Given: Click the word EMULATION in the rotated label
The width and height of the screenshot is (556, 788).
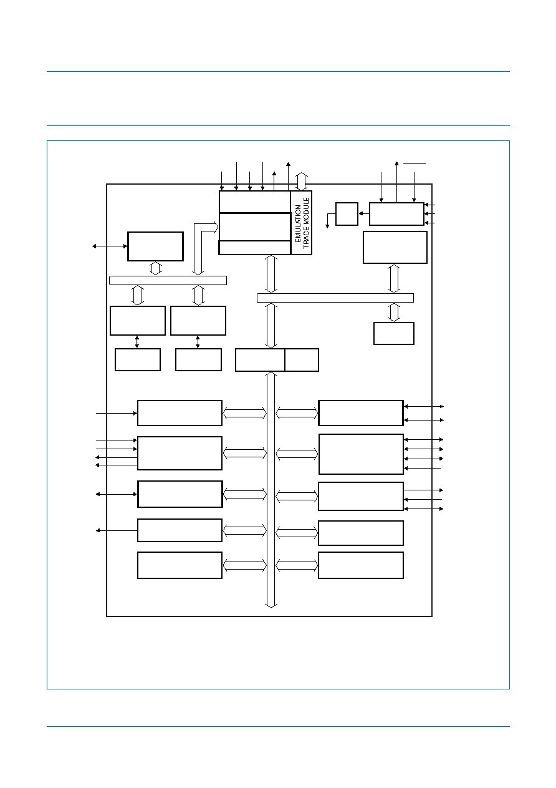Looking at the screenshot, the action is point(298,223).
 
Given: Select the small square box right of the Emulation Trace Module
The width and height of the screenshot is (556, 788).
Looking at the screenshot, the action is point(347,214).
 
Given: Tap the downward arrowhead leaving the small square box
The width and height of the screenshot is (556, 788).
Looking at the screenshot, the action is point(327,226).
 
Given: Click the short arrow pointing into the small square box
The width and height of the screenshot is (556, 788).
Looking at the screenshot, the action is point(364,213).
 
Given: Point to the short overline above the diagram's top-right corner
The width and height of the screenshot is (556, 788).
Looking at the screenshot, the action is point(415,163).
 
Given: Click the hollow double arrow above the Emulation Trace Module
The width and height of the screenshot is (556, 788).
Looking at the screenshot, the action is point(302,181).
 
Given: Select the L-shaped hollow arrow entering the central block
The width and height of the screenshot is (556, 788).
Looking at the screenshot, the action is point(204,246).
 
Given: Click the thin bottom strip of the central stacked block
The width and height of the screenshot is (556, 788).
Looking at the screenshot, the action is point(254,248).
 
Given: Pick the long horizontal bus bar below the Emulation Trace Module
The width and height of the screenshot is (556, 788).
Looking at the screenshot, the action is point(335,298).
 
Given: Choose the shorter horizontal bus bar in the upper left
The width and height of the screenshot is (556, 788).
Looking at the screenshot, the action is point(168,280).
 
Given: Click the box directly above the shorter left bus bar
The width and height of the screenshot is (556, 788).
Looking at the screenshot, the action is point(155,246).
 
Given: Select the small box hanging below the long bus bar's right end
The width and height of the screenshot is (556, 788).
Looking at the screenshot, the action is point(394,334).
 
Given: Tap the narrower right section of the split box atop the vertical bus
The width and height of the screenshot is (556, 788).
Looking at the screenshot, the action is point(302,360).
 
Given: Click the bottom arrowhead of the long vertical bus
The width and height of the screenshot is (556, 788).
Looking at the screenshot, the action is point(271,605).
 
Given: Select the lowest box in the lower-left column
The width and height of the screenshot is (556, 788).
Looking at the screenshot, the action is point(180,565).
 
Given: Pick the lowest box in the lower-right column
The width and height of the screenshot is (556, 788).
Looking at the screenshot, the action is point(361,565).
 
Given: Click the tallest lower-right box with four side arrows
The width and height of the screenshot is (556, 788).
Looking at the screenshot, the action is point(361,454).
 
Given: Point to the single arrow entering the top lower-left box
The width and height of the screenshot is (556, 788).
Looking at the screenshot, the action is point(117,414).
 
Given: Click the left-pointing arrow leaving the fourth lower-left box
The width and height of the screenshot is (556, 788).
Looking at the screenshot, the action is point(117,530).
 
